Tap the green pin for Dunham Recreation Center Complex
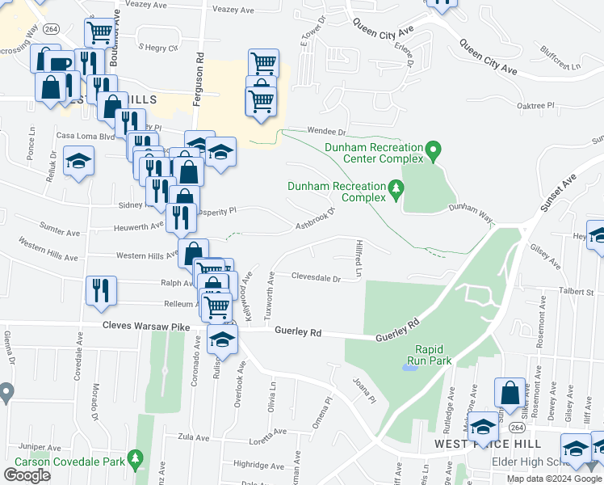434,151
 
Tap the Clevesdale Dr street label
316,277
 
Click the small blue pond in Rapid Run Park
409,368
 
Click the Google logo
27,475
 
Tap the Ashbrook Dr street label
315,219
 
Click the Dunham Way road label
471,209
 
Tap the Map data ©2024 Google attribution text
554,479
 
